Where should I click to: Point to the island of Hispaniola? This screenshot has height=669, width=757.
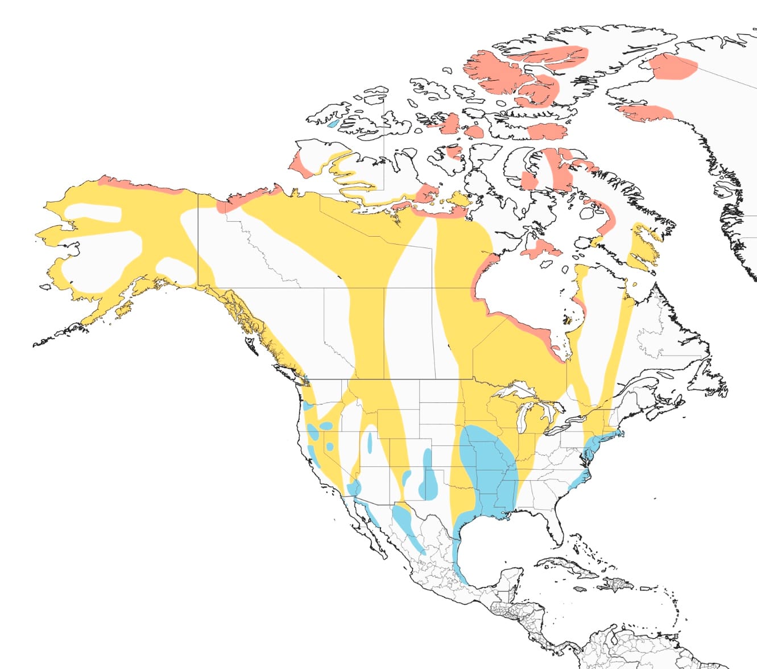pos(617,583)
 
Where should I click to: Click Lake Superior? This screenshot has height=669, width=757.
pos(515,391)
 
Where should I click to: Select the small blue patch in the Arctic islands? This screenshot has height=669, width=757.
pos(333,122)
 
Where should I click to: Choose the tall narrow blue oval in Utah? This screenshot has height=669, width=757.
pos(370,441)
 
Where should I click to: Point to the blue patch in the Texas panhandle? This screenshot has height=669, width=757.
pos(429,481)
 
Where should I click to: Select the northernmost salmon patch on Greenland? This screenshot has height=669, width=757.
pos(674,66)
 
